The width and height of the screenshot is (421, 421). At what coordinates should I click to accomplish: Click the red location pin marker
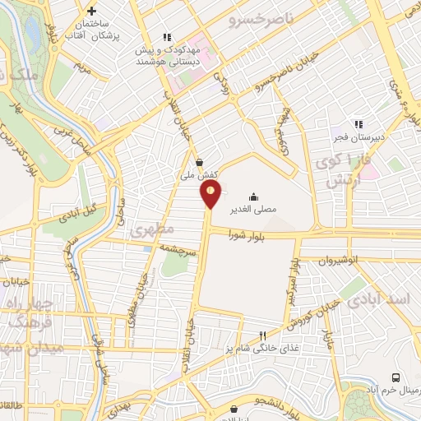tap(211, 194)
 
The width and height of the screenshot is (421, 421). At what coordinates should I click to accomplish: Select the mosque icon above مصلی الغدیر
tap(253, 197)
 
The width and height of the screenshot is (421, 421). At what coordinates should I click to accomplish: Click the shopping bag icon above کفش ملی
tap(200, 162)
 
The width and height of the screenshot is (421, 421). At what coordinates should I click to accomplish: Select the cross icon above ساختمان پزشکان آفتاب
tap(90, 12)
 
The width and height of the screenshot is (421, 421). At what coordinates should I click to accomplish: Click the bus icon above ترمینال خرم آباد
tap(396, 377)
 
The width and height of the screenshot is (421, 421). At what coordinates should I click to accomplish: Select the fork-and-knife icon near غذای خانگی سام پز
tap(262, 335)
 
